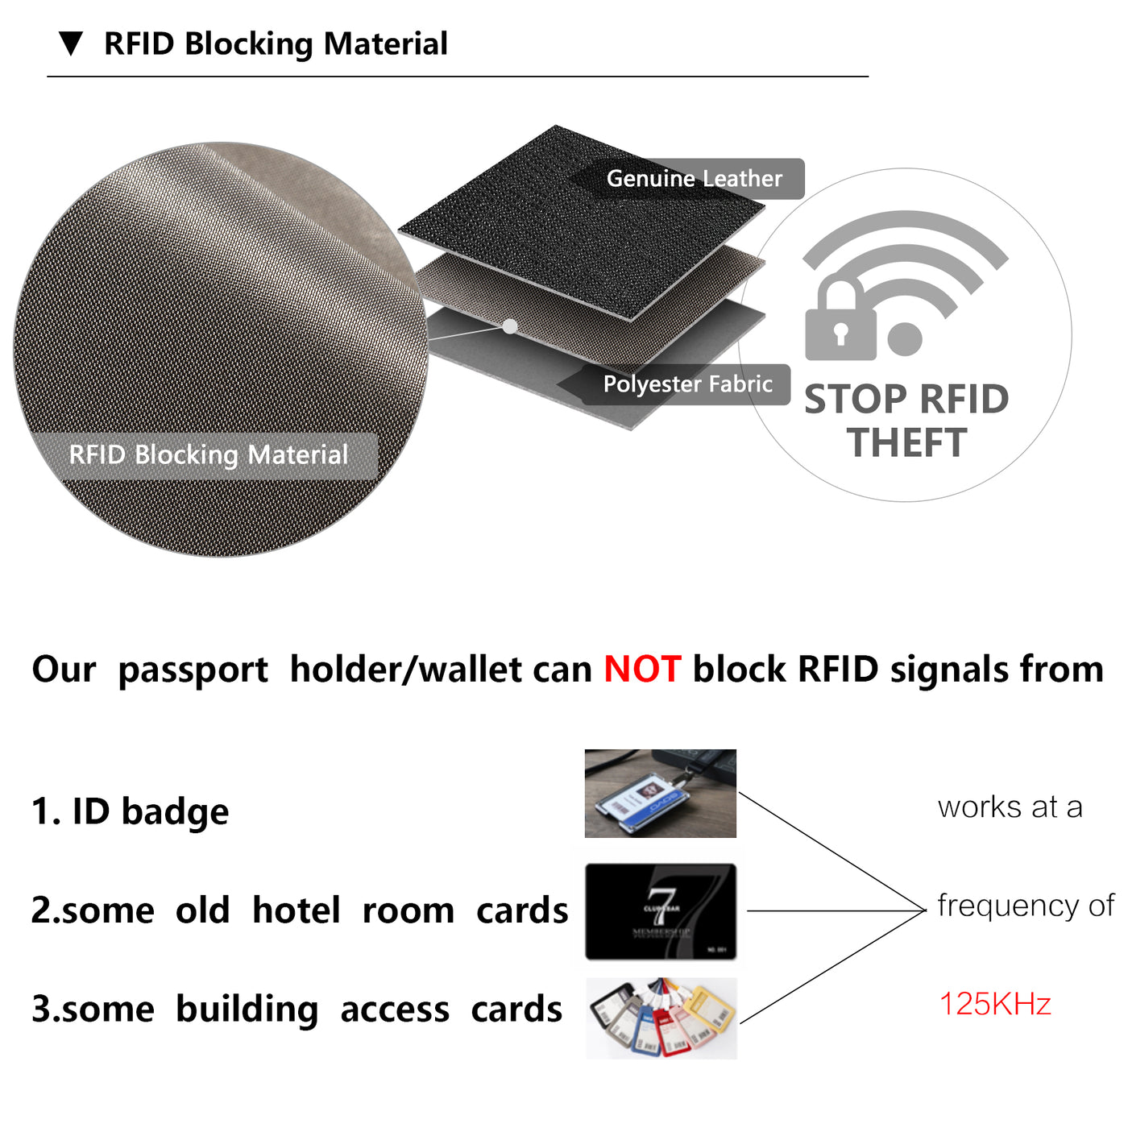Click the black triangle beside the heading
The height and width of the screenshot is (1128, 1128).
(x=71, y=43)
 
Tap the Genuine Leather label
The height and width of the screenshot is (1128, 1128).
(x=694, y=178)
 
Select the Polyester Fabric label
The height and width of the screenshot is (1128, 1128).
(x=687, y=384)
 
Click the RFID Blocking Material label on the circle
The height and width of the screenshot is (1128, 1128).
(x=208, y=455)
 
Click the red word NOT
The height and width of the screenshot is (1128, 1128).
(x=642, y=670)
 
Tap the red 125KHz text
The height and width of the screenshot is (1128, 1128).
(x=995, y=1005)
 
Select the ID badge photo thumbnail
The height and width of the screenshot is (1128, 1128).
(x=660, y=794)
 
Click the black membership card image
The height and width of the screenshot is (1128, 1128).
(x=661, y=911)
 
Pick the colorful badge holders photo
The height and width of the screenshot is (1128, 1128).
(x=661, y=1018)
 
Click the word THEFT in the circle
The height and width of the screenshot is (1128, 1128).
(x=906, y=443)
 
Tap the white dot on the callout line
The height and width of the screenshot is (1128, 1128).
(x=510, y=326)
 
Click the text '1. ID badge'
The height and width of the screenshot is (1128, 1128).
(x=130, y=811)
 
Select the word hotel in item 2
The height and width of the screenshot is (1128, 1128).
(x=296, y=910)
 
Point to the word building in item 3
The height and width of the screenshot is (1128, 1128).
(x=247, y=1010)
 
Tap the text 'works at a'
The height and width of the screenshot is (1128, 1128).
(x=1010, y=807)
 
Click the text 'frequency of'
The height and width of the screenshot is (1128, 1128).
(x=1025, y=906)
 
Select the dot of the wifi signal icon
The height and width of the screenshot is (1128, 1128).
(x=905, y=339)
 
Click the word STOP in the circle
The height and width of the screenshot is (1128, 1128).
(x=856, y=400)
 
